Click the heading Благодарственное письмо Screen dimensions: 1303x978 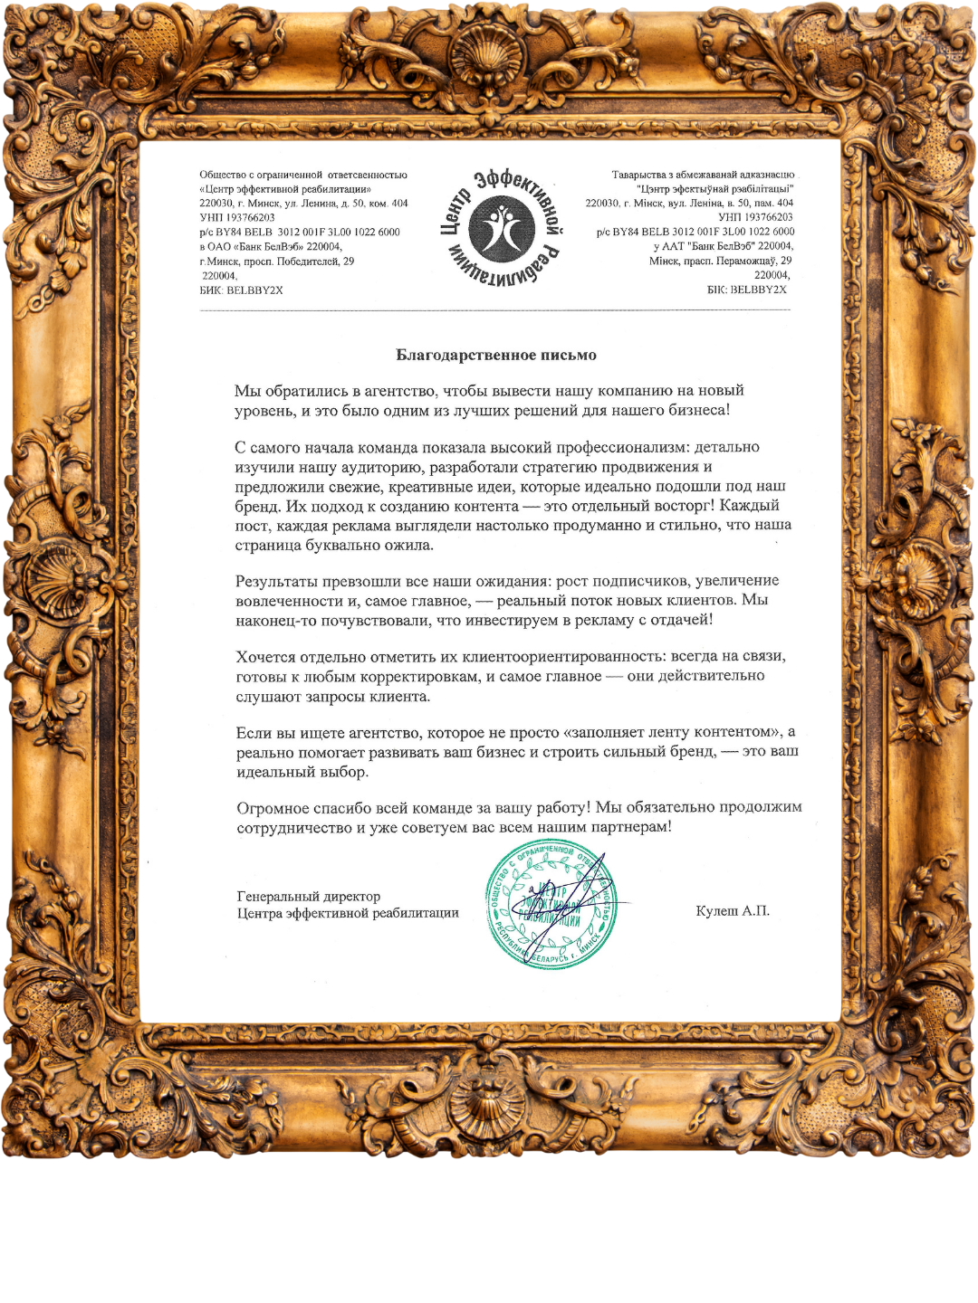click(x=495, y=355)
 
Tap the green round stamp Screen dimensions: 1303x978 click(x=551, y=908)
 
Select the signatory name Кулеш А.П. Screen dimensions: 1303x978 click(x=733, y=910)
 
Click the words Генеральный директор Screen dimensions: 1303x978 click(x=308, y=896)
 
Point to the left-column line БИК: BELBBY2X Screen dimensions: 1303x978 click(x=241, y=290)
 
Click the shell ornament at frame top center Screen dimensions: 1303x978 click(x=489, y=54)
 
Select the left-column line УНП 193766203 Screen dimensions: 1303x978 click(x=237, y=217)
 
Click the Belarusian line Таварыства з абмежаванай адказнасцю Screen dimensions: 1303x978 click(x=703, y=175)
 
